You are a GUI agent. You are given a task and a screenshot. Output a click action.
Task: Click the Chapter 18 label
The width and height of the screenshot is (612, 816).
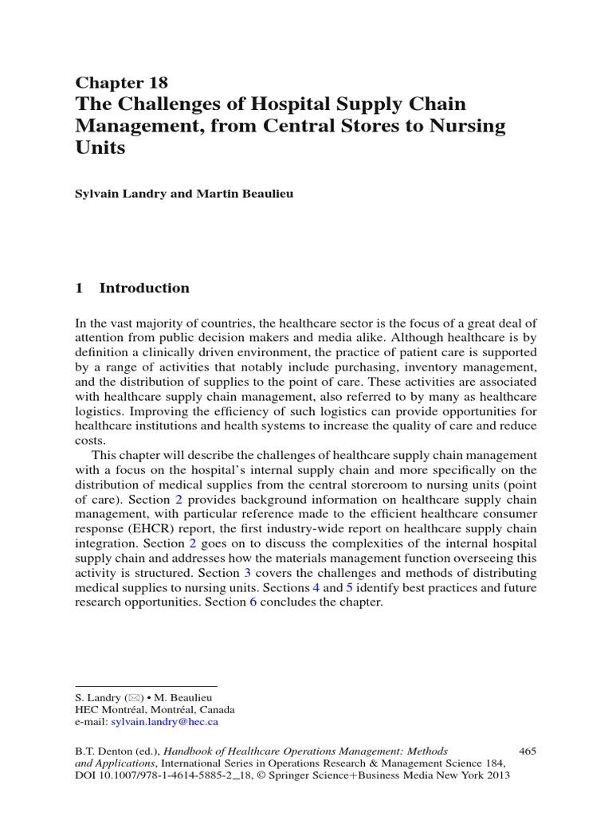121,82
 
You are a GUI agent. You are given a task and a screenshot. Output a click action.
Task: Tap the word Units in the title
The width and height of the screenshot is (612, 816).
100,147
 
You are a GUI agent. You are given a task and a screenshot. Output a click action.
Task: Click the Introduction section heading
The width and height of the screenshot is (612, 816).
143,288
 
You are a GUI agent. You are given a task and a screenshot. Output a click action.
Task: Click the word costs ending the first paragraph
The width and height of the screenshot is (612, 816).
89,441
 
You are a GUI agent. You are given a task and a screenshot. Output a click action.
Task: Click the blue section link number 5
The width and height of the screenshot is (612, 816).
349,588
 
